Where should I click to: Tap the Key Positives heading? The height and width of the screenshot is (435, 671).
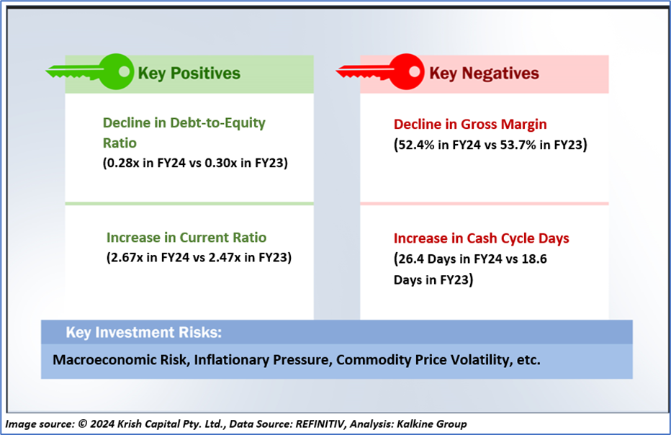click(x=189, y=73)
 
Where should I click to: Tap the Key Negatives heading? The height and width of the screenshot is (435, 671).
click(x=484, y=73)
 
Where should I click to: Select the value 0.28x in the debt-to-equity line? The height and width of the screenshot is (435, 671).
click(x=122, y=163)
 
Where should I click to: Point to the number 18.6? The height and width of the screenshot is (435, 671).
click(x=534, y=259)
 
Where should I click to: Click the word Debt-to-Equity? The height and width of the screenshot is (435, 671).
click(x=217, y=123)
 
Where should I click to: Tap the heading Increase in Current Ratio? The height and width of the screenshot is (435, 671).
click(x=186, y=238)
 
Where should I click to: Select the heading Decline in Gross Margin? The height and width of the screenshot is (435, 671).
click(x=470, y=124)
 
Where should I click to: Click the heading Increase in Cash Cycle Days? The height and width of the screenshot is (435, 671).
click(x=482, y=238)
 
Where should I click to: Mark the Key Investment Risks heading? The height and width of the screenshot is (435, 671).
click(x=144, y=333)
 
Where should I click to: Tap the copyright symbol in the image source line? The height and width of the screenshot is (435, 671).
click(x=83, y=424)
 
